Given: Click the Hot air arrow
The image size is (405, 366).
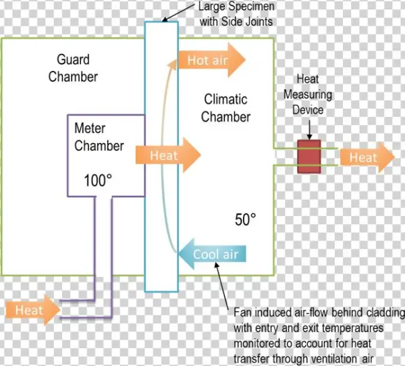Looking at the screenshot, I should click(211, 60).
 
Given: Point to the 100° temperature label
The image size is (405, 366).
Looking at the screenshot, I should click(98, 180).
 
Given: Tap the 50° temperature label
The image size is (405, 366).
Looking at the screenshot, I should click(246, 219).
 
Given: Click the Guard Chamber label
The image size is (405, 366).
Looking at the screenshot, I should click(73, 68).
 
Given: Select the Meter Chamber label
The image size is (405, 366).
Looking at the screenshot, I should click(99, 136).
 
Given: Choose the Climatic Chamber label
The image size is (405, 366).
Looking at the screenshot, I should click(226, 108).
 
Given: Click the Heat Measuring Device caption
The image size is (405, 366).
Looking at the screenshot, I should click(308, 95).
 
